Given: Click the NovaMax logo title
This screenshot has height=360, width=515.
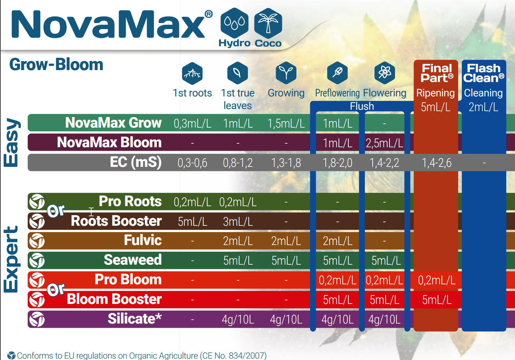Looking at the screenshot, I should click(109, 25).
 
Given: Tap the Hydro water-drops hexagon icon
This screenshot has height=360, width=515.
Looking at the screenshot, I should click(234, 23).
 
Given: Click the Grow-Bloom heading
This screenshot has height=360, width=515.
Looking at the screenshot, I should click(56, 64).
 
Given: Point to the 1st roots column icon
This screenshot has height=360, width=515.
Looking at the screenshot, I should click(192, 73).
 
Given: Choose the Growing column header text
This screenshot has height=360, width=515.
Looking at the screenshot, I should click(286, 93).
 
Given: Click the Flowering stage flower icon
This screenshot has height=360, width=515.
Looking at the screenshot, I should click(385, 73).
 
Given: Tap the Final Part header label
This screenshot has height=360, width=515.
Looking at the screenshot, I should click(437, 73).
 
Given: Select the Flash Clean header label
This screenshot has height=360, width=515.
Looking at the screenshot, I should click(483, 73).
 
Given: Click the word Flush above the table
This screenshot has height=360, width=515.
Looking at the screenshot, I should click(362, 106).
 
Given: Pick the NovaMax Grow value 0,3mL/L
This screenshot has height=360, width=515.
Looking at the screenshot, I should click(192, 123).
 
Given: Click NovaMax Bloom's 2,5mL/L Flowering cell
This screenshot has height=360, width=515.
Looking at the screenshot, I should click(384, 143).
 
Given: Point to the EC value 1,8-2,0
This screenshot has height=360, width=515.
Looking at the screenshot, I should click(337, 163).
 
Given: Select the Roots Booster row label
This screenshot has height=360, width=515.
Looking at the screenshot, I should click(116, 221).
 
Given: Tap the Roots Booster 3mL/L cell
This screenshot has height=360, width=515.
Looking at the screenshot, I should click(238, 222).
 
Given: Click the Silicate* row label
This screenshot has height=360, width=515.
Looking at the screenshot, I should click(134, 319).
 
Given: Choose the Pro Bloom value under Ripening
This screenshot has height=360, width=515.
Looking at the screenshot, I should click(436, 280).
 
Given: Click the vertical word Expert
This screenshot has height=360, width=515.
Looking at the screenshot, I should click(11, 259).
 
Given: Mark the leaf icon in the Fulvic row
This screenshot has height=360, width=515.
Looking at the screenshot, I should click(37, 241).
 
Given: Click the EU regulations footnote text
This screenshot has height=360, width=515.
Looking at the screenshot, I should click(141, 355).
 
